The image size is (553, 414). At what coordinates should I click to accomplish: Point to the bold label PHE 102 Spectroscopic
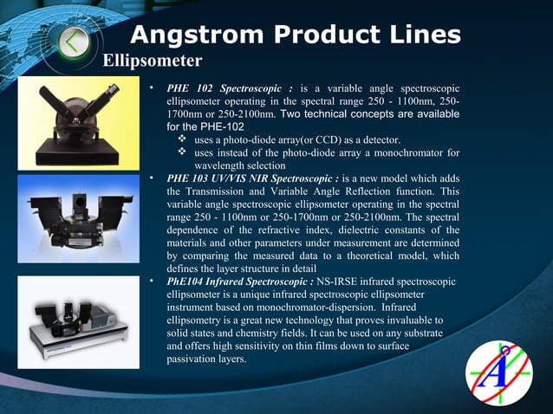[230, 88]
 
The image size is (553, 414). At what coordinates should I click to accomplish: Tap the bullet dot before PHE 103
[151, 178]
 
